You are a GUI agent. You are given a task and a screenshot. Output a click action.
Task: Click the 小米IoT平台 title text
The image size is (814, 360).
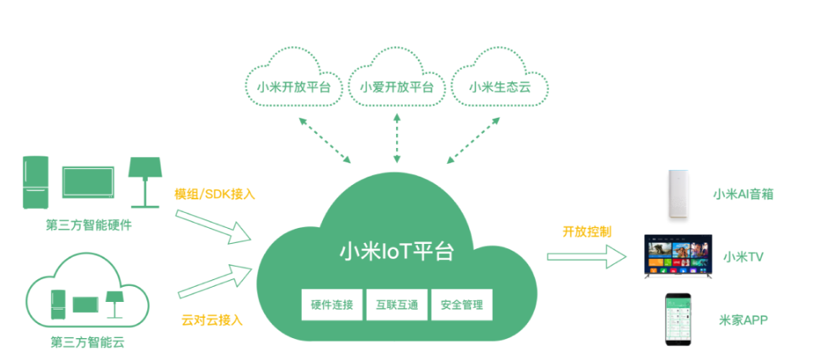[x=396, y=251]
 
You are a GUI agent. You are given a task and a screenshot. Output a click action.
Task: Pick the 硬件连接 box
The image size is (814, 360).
[x=331, y=304]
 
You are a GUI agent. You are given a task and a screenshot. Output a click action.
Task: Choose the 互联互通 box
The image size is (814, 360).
[x=396, y=304]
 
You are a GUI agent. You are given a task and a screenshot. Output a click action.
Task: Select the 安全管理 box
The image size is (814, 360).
[x=461, y=304]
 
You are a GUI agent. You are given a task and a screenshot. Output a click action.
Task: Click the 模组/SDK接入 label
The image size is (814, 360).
[x=214, y=193]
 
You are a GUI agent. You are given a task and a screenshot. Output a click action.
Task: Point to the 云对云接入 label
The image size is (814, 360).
[x=211, y=320]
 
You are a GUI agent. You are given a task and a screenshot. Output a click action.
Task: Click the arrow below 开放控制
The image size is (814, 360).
[x=586, y=257]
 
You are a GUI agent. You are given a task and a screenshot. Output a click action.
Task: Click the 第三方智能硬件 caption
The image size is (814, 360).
[x=89, y=225]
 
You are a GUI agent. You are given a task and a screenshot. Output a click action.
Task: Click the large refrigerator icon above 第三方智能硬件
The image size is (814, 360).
[x=34, y=181]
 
